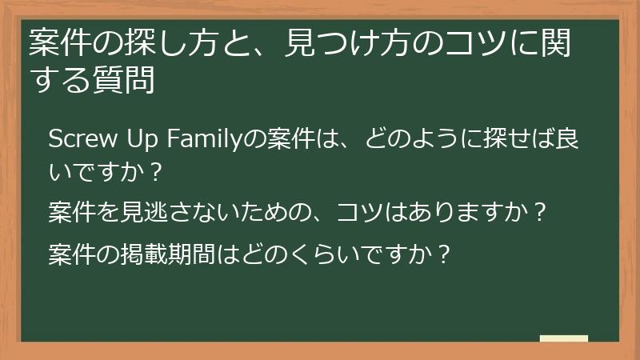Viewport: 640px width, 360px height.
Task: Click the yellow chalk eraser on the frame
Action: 563,339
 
